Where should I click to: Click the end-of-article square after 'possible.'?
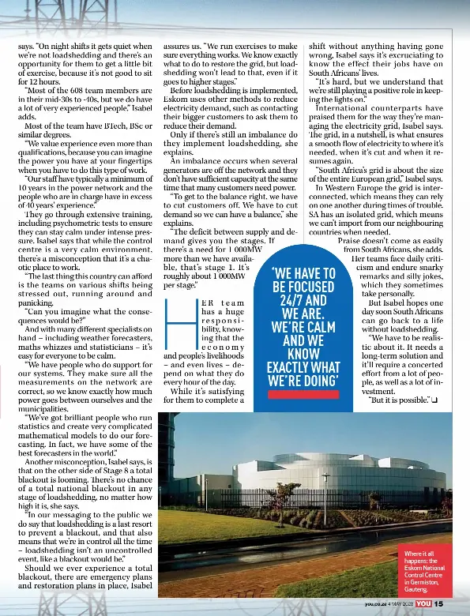click(x=434, y=400)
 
